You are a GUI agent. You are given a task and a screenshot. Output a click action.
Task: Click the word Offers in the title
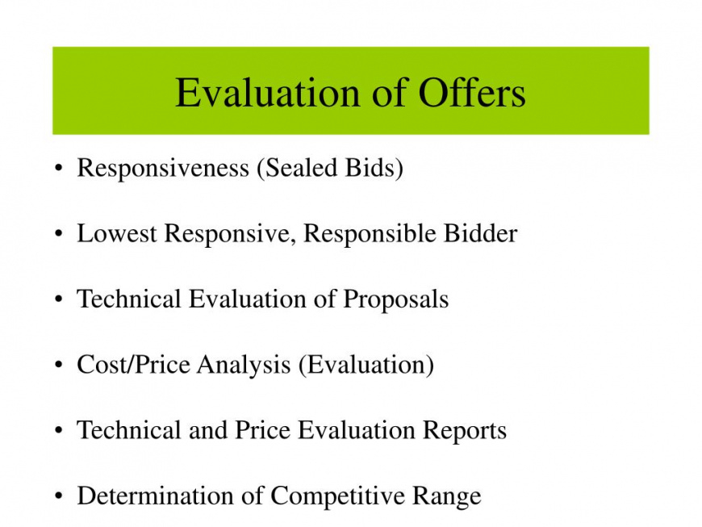472,93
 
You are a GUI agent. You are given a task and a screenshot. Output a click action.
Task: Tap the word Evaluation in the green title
268,93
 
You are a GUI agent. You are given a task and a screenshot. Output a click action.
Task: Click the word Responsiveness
163,169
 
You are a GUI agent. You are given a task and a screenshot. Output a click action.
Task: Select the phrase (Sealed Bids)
330,169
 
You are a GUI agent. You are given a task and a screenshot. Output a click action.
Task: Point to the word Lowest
117,233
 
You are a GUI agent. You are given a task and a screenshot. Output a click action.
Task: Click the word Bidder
480,233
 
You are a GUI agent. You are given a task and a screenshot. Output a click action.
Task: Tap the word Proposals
395,299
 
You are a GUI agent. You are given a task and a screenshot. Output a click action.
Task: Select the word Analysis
244,366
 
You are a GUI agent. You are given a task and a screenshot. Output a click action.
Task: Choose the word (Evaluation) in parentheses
366,366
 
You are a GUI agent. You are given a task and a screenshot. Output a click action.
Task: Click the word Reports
465,431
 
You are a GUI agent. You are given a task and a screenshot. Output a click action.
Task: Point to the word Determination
156,496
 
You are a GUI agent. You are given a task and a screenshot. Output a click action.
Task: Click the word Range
446,496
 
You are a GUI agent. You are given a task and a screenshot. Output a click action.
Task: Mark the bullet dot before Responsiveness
58,169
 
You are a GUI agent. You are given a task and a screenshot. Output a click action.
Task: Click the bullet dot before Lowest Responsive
58,234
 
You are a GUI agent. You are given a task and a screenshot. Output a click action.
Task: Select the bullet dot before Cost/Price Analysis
58,365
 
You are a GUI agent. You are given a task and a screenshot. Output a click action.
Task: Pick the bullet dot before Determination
58,496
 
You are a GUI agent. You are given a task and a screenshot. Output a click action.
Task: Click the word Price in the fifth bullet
262,430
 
